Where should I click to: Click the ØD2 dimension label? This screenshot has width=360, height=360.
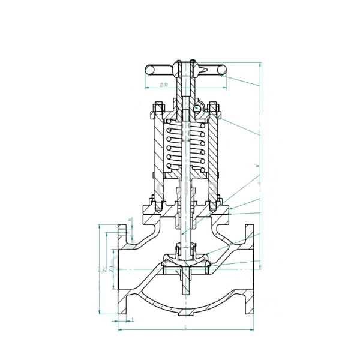[x=164, y=86]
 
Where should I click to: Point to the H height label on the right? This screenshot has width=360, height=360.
[x=257, y=166]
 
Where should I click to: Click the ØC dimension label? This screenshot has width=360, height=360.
[x=103, y=268]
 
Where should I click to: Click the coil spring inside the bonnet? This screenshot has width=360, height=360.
[x=186, y=147]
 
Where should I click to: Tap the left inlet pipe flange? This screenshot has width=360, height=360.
[x=122, y=270]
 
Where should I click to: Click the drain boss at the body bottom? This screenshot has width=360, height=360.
[x=185, y=313]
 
